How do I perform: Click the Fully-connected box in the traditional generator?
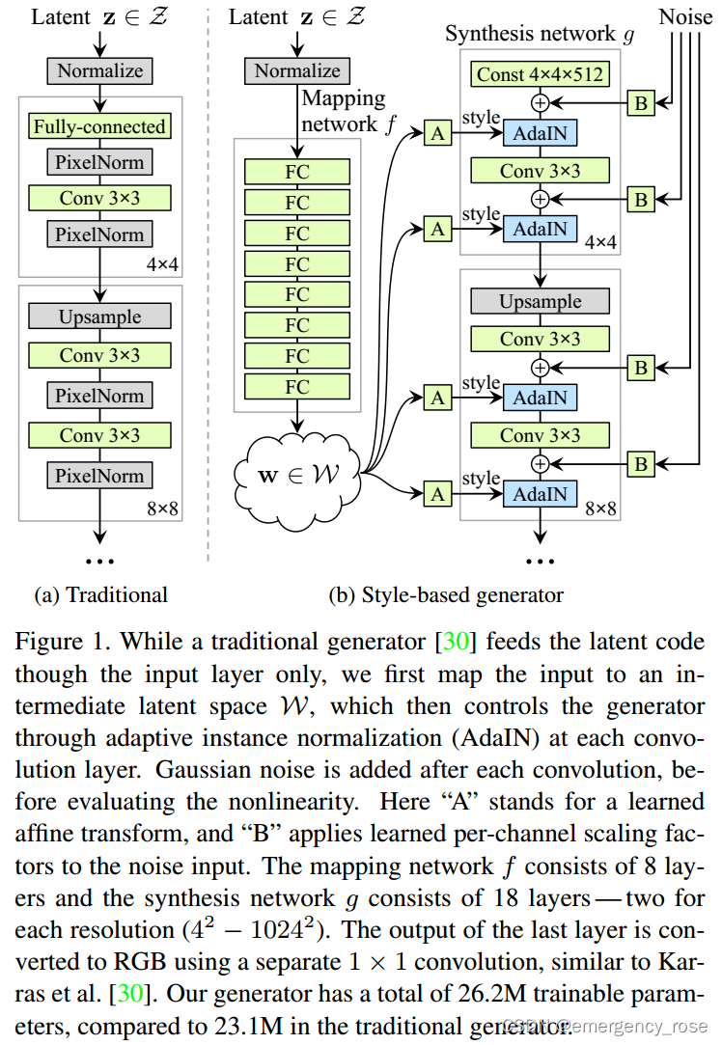tap(99, 126)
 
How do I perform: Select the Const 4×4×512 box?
tap(540, 73)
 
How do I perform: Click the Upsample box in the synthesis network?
tap(540, 301)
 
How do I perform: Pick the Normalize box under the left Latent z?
tap(99, 70)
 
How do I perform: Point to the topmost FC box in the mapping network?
tap(297, 172)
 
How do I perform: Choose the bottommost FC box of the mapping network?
tap(297, 387)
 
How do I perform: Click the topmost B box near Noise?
tap(640, 103)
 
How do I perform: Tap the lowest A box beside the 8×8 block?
tap(438, 493)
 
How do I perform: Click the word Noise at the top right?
tap(685, 16)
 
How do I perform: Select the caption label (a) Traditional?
tap(100, 594)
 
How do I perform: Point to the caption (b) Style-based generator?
tap(446, 594)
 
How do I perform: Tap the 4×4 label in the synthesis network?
tap(600, 242)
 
